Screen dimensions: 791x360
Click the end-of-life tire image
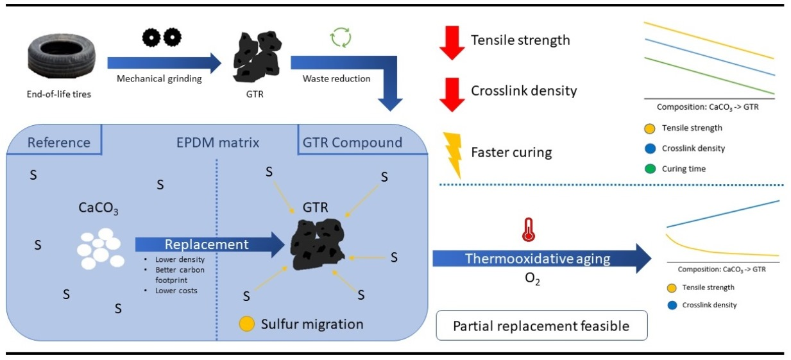tap(62, 55)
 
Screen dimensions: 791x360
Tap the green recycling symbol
tap(341, 37)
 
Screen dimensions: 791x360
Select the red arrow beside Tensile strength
tap(452, 42)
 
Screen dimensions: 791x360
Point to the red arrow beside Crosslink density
tap(452, 95)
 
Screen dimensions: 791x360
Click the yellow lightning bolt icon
tap(454, 155)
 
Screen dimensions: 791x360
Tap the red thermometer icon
tap(528, 230)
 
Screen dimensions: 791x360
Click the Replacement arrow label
tap(207, 244)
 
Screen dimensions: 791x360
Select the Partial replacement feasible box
tap(541, 325)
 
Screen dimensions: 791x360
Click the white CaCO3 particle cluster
tap(101, 248)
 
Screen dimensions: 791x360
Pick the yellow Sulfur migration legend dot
tap(246, 324)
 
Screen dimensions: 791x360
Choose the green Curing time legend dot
tap(650, 169)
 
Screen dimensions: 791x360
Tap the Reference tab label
tap(59, 142)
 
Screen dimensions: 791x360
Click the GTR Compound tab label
tap(352, 142)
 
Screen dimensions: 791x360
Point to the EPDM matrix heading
tap(218, 142)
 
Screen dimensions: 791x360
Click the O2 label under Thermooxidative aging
tap(532, 279)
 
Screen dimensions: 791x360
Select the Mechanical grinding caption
tap(159, 78)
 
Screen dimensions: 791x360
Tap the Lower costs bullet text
tap(176, 291)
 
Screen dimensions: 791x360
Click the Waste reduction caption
tap(337, 78)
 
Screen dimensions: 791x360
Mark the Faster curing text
tap(511, 152)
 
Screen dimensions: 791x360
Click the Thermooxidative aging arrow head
tap(643, 258)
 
